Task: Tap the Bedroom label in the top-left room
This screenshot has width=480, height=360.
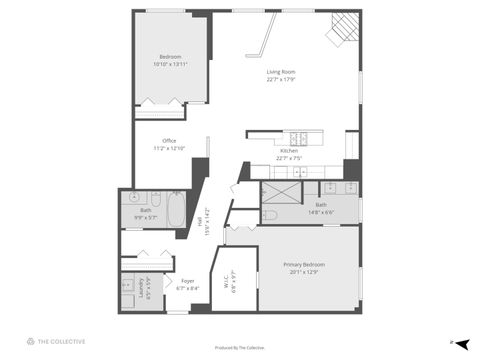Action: (171, 57)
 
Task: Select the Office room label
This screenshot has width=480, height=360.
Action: (169, 140)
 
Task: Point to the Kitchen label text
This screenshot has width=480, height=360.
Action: (288, 150)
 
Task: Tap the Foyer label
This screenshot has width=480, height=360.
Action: (187, 281)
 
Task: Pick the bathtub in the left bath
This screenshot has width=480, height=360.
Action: (175, 210)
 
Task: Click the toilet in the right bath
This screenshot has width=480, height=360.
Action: (269, 214)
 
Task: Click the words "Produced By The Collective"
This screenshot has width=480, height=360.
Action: (240, 347)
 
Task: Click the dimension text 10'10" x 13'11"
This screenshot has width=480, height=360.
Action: (171, 64)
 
